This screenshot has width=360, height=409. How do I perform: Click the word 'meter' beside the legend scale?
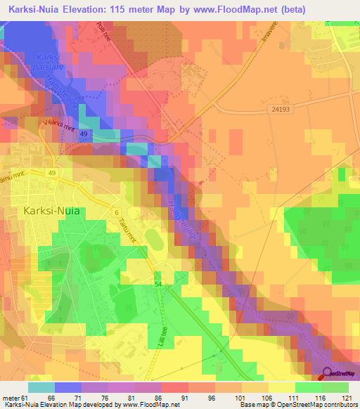[x=9, y=398]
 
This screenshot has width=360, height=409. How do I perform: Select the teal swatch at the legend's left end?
[x=41, y=387]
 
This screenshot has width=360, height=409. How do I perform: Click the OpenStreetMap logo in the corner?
[x=341, y=373]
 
